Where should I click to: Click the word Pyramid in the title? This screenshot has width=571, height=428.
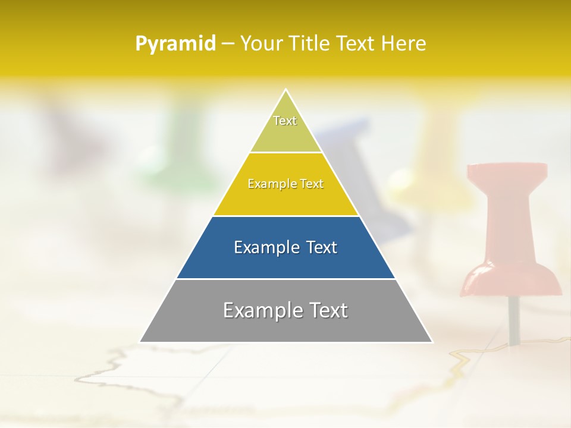pos(175,44)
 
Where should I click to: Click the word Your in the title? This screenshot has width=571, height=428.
pos(260,44)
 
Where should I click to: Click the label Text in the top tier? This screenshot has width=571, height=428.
pos(285,121)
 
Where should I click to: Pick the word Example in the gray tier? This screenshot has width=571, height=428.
pos(260,310)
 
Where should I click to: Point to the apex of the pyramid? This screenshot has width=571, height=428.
pos(286,91)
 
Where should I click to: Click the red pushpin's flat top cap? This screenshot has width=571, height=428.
pos(507,170)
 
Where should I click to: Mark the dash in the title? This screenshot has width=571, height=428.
pos(228,44)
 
